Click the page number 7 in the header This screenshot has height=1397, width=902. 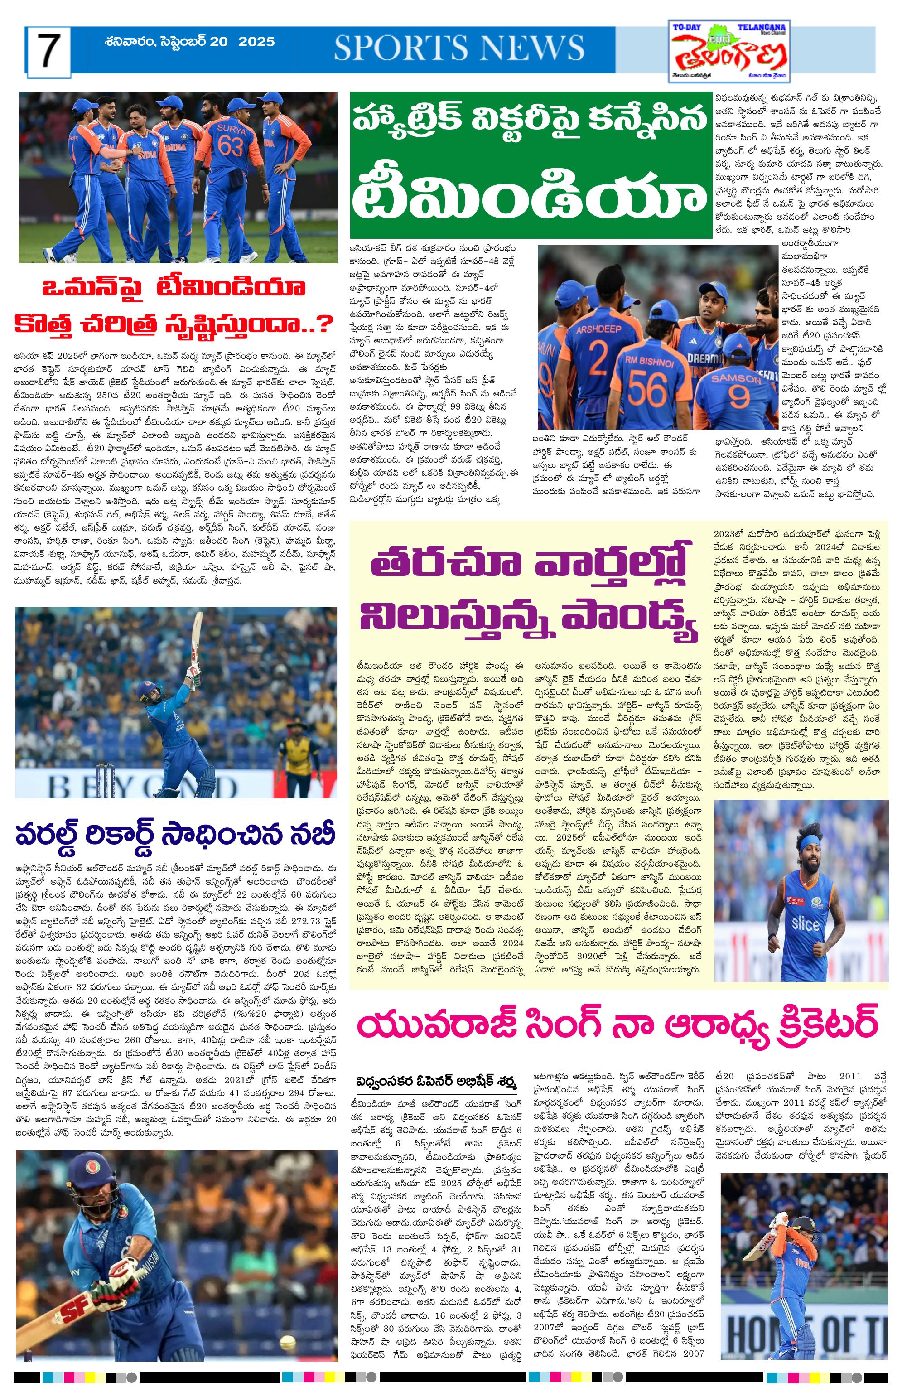(46, 50)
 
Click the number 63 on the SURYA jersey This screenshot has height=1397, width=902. (230, 146)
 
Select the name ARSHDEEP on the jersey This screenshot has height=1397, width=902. (598, 329)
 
